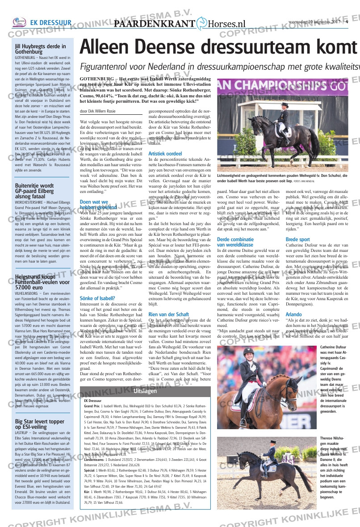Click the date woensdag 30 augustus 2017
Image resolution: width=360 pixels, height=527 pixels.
point(315,22)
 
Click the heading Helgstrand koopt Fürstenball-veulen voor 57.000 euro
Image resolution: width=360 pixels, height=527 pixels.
point(41,283)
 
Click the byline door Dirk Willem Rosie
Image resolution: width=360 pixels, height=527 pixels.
point(97,111)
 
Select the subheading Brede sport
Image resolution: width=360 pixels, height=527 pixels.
point(297,239)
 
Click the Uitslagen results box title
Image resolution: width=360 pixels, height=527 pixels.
point(145,391)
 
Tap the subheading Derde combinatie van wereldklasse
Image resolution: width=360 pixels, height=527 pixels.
point(235,242)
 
